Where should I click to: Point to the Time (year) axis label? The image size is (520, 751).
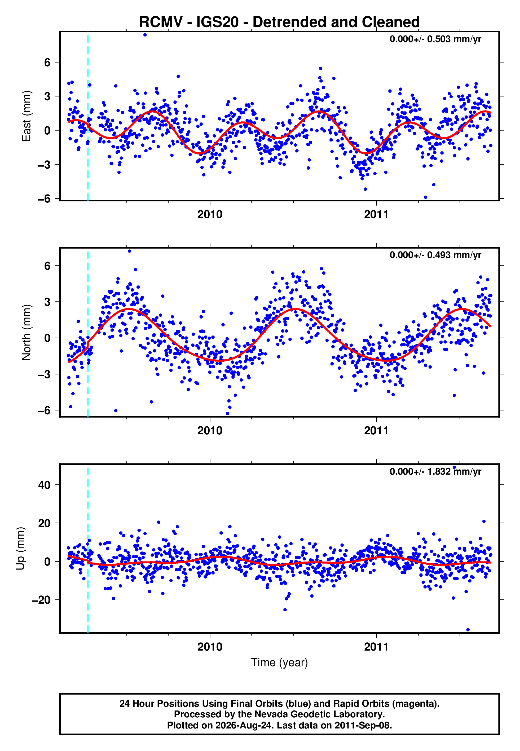tap(279, 662)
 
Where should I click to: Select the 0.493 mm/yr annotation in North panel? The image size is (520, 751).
tap(454, 255)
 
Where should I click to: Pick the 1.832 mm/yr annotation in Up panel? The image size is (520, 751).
tap(454, 471)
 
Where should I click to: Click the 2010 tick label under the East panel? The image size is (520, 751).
tap(210, 214)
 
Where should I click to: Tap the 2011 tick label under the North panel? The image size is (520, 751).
tap(376, 431)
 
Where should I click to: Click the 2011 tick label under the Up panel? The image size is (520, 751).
tap(376, 647)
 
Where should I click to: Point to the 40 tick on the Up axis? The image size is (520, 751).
tap(44, 485)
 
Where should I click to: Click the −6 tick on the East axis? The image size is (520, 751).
tap(44, 199)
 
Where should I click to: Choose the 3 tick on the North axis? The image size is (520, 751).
tap(47, 302)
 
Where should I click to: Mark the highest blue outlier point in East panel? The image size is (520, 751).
tap(145, 35)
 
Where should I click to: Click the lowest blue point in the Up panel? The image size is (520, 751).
tap(468, 630)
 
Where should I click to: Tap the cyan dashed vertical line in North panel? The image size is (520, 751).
tap(88, 332)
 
